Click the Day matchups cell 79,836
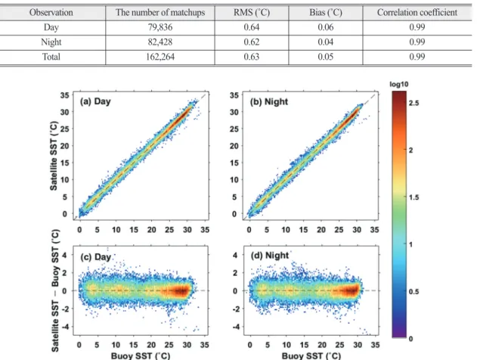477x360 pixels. [160, 27]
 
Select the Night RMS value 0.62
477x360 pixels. [251, 42]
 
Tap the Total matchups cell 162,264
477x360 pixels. [160, 57]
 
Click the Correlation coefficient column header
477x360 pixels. [417, 12]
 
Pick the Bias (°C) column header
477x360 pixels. [326, 12]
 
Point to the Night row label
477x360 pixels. [51, 42]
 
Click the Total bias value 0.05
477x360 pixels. [326, 57]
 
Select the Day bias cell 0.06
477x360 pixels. [326, 27]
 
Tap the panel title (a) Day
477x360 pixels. [95, 101]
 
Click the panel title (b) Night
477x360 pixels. [269, 101]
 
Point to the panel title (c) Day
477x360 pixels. [95, 257]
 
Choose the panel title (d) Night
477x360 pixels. [270, 256]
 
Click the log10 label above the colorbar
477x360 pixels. [399, 84]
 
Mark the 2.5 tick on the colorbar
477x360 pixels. [414, 103]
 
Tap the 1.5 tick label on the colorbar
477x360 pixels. [414, 197]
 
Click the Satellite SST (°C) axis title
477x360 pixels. [54, 156]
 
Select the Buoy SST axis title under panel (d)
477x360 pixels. [311, 355]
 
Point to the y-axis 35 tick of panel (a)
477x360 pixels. [64, 95]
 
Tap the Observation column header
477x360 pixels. [51, 12]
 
